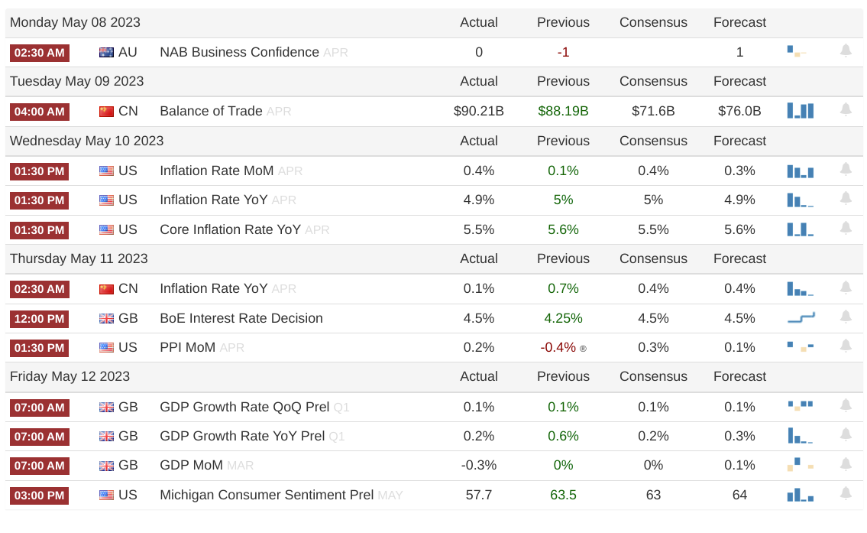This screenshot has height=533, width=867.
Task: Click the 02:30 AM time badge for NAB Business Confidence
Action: tap(39, 53)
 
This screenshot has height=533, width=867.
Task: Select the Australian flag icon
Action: tap(106, 53)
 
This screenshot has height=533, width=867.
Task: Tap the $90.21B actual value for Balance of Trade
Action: tap(479, 111)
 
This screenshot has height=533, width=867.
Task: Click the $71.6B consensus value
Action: tap(653, 111)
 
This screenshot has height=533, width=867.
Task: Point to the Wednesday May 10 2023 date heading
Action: tap(87, 141)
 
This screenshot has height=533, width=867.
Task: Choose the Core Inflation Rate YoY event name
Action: tap(230, 229)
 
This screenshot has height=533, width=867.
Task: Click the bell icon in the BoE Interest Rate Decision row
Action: tap(846, 317)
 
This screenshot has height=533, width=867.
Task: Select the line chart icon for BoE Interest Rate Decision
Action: tap(801, 317)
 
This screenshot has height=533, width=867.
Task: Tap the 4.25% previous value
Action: tap(563, 318)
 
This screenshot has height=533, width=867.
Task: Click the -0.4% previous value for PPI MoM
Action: tap(558, 348)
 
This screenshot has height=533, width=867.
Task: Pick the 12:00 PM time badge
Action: tap(39, 319)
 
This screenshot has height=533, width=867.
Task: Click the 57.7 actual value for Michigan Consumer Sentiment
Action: tap(479, 495)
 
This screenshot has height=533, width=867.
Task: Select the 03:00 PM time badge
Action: tap(39, 496)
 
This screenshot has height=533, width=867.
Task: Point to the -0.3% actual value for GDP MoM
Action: tap(479, 466)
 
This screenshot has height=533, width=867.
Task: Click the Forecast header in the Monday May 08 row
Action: tap(740, 22)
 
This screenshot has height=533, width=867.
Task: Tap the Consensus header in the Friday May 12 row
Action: tap(653, 376)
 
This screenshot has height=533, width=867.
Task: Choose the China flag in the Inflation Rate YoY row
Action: tap(106, 289)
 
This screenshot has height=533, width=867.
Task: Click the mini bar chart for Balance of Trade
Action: tap(801, 111)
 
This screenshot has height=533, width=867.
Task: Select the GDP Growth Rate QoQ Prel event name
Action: tap(244, 407)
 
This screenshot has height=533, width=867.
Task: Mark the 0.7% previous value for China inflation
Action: tap(563, 288)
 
